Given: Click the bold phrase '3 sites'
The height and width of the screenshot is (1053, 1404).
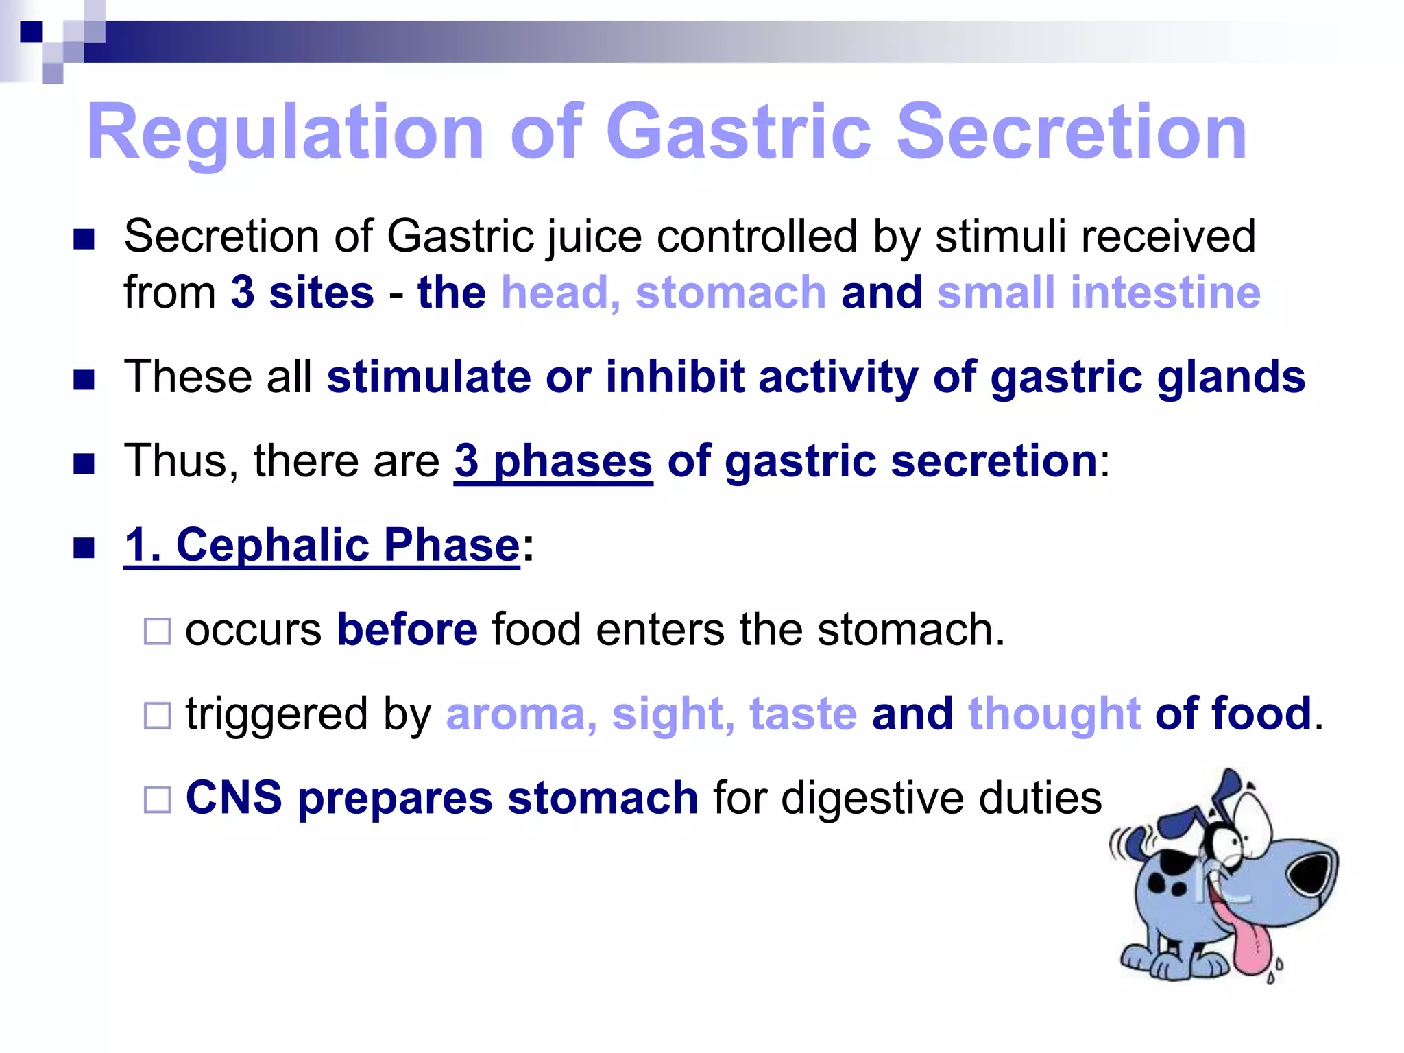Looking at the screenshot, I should tap(302, 293).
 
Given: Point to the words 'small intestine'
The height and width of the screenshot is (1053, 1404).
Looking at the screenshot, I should tap(1098, 293).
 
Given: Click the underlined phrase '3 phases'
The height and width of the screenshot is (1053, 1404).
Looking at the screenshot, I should tap(553, 461).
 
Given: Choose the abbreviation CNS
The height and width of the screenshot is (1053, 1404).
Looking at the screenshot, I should tap(234, 798).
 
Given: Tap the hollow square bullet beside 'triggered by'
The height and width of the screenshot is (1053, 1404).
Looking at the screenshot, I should tap(157, 716).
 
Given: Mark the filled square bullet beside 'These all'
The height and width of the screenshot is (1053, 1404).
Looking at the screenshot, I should tap(84, 379).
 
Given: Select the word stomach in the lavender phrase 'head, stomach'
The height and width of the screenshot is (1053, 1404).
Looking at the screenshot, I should tap(731, 293).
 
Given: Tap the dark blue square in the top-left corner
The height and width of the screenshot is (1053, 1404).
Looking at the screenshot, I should tap(31, 32).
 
